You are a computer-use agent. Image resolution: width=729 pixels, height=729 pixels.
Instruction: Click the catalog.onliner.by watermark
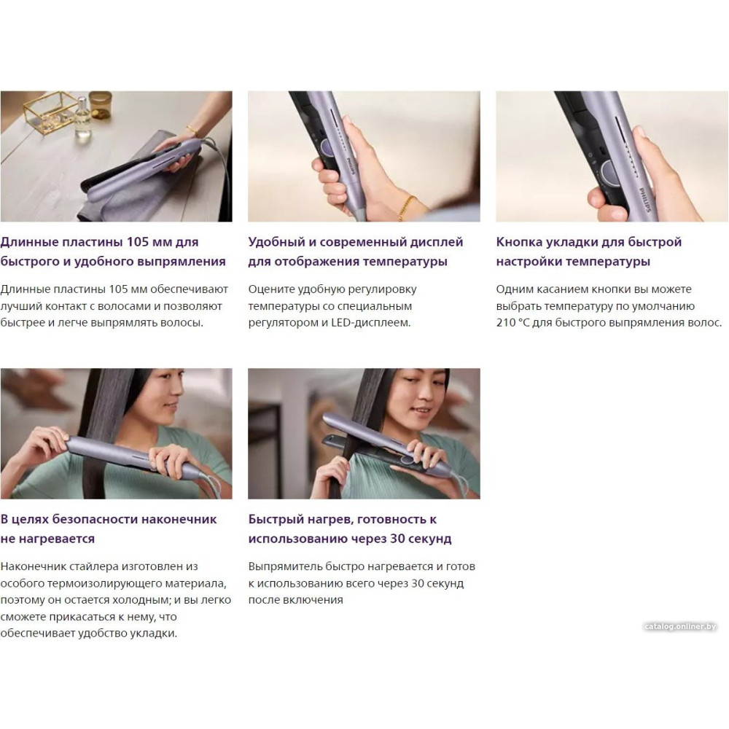pyautogui.click(x=680, y=626)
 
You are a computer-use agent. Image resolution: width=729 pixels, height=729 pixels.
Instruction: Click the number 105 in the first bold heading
pyautogui.click(x=138, y=242)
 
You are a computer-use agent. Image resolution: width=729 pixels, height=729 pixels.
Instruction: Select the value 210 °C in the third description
pyautogui.click(x=512, y=323)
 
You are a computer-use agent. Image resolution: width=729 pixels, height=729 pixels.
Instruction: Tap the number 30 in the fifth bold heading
pyautogui.click(x=398, y=539)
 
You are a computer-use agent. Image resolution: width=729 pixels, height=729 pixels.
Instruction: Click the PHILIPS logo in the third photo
pyautogui.click(x=646, y=200)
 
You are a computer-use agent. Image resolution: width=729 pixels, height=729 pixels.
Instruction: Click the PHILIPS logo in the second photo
pyautogui.click(x=351, y=166)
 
